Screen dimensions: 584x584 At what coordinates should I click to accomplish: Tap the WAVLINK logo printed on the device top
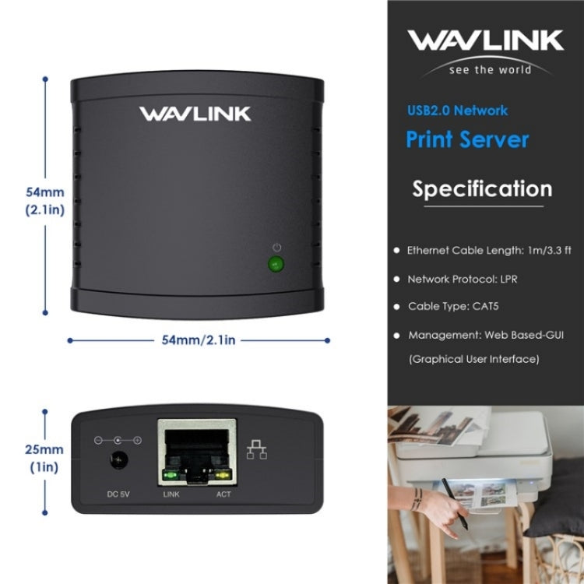tap(195, 114)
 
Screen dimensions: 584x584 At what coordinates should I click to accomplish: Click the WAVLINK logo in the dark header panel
tap(486, 41)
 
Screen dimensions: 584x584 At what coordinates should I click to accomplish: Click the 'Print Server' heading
tap(467, 139)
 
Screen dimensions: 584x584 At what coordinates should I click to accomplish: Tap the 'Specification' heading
tap(482, 189)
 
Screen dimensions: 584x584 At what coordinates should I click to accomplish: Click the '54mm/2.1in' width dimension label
tap(199, 340)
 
